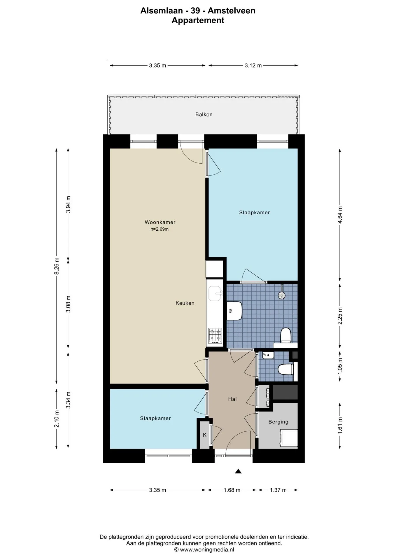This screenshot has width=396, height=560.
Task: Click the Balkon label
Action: pyautogui.click(x=204, y=115)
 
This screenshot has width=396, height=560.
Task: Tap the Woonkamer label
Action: pyautogui.click(x=160, y=222)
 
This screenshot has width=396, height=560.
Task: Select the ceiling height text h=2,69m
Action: pyautogui.click(x=160, y=229)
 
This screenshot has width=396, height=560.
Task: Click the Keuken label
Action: pyautogui.click(x=185, y=303)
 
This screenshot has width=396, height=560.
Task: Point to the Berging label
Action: pyautogui.click(x=278, y=422)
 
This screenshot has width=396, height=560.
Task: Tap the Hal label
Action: pyautogui.click(x=232, y=399)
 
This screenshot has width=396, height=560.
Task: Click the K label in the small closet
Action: pyautogui.click(x=205, y=435)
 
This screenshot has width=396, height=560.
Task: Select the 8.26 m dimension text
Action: pyautogui.click(x=57, y=266)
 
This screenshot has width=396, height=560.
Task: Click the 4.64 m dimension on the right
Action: pyautogui.click(x=340, y=215)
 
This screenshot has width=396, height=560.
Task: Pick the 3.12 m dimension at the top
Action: pyautogui.click(x=253, y=66)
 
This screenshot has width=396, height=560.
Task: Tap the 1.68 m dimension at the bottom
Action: pyautogui.click(x=232, y=490)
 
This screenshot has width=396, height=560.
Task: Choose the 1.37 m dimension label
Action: pyautogui.click(x=278, y=490)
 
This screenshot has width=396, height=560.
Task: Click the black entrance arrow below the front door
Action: pyautogui.click(x=239, y=471)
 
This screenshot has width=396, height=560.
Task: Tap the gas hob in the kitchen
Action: pyautogui.click(x=215, y=336)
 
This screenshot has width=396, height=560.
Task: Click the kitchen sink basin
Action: pyautogui.click(x=215, y=293)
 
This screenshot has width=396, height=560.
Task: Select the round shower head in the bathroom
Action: pyautogui.click(x=282, y=295)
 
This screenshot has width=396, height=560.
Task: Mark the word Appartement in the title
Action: pyautogui.click(x=198, y=20)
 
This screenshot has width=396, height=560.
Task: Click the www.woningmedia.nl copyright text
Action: pyautogui.click(x=204, y=550)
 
